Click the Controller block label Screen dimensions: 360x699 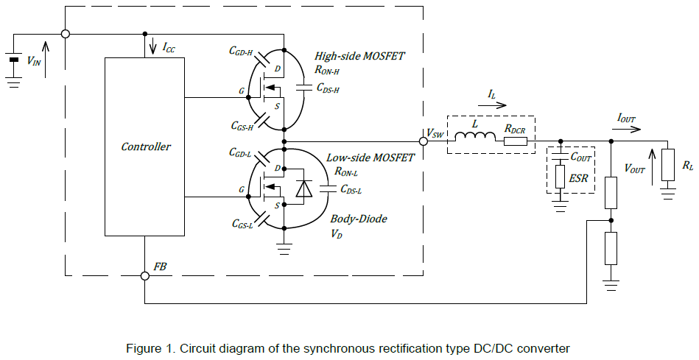pos(146,147)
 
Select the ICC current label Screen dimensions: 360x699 pos(169,48)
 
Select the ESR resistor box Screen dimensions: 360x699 pos(560,177)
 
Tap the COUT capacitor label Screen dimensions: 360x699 pos(581,157)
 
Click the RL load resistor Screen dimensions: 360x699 pos(668,165)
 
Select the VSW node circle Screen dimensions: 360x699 pos(421,141)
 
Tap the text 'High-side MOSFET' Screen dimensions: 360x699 pos(359,56)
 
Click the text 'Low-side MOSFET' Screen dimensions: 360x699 pos(370,158)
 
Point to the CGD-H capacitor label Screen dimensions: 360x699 pos(240,52)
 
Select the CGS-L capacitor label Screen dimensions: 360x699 pos(242,224)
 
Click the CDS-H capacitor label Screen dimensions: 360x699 pos(328,90)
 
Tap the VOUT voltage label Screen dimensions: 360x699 pos(634,168)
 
